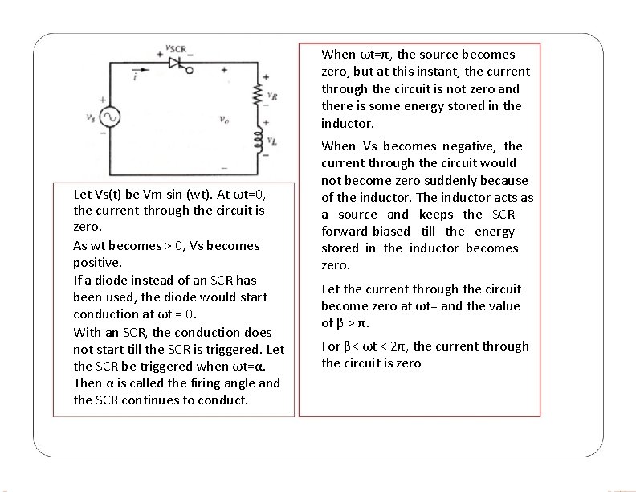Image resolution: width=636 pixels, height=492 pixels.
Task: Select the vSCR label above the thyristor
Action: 176,47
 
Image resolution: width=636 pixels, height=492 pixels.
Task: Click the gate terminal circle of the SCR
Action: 190,70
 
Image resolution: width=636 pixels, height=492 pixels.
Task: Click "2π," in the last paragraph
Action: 397,346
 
